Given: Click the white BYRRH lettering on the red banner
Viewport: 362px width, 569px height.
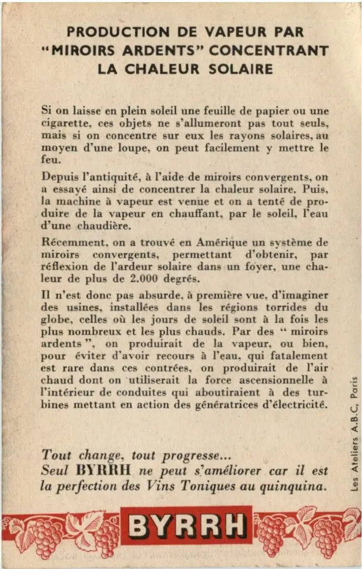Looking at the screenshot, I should [x=187, y=525].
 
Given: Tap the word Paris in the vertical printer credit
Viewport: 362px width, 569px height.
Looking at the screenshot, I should [x=354, y=389].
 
